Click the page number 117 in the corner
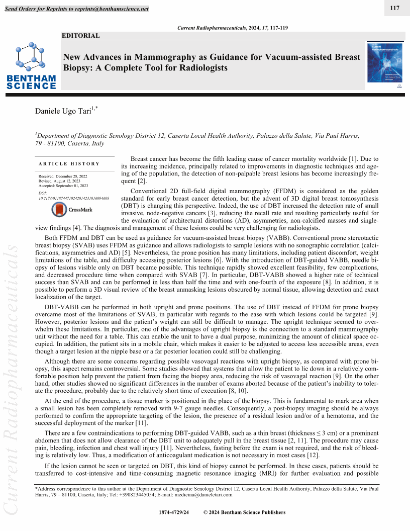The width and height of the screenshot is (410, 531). click(x=394, y=8)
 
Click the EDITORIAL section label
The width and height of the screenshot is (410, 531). click(x=80, y=36)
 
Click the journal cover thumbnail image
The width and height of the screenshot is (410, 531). click(x=385, y=62)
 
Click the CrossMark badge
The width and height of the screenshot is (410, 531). click(x=73, y=209)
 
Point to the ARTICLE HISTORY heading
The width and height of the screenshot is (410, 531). click(x=69, y=163)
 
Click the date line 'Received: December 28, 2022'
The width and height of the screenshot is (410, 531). click(x=63, y=176)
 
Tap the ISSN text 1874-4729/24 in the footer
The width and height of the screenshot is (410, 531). click(x=173, y=512)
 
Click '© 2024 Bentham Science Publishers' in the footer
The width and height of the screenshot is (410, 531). click(x=244, y=512)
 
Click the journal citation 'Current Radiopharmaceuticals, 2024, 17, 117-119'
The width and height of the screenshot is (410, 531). click(x=233, y=28)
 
